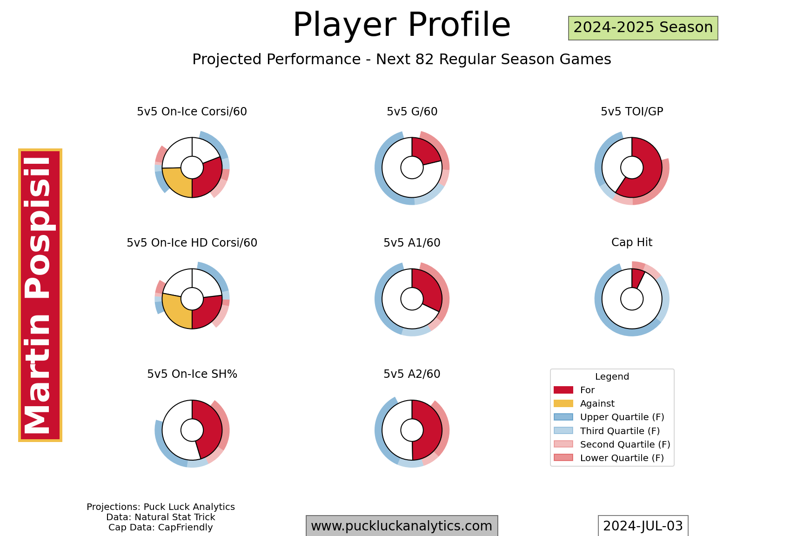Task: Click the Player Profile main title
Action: click(402, 25)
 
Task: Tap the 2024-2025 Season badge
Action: click(643, 28)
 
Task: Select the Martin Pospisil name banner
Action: click(40, 295)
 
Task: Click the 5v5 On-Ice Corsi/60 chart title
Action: click(192, 112)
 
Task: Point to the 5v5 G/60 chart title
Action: click(412, 112)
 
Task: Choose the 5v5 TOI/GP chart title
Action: click(632, 112)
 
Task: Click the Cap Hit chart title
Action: click(632, 242)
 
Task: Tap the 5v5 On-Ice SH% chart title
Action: click(192, 374)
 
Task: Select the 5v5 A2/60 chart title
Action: click(412, 374)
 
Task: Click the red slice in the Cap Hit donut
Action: click(637, 279)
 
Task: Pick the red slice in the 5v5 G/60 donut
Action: click(425, 151)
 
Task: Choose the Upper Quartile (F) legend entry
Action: click(609, 417)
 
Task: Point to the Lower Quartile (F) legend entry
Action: click(609, 458)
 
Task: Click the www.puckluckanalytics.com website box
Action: click(402, 526)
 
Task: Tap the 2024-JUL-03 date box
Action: click(643, 526)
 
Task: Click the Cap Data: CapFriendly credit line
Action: click(161, 528)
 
